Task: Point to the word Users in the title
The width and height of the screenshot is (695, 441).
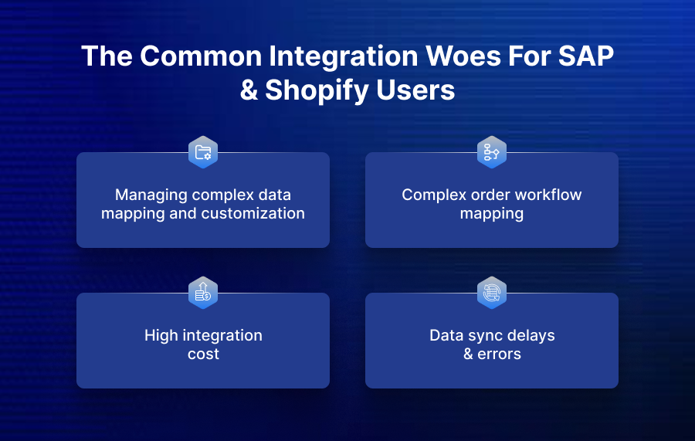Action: [x=416, y=90]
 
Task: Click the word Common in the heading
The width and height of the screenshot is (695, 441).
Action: [x=195, y=57]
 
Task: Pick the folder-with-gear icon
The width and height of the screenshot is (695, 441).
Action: [x=203, y=152]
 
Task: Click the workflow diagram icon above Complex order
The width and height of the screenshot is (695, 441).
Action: [x=492, y=152]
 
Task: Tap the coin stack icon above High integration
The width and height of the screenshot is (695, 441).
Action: [x=203, y=293]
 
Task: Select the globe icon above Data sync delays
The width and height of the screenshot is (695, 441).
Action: [x=492, y=293]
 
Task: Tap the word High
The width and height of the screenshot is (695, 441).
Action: [x=161, y=335]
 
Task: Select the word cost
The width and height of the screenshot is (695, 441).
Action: [x=203, y=354]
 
